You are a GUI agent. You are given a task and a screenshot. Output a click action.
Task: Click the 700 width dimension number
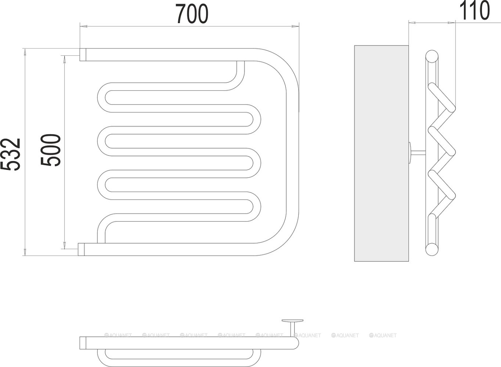pyautogui.click(x=192, y=14)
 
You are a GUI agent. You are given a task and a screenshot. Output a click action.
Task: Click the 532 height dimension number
pyautogui.click(x=10, y=154)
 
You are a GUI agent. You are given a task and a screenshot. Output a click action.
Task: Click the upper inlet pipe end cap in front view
pyautogui.click(x=83, y=54)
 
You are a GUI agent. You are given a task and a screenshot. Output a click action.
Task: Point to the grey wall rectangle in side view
pyautogui.click(x=381, y=153)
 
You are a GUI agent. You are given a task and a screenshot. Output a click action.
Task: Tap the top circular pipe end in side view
pyautogui.click(x=432, y=57)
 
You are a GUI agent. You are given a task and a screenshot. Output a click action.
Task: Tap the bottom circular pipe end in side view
pyautogui.click(x=432, y=250)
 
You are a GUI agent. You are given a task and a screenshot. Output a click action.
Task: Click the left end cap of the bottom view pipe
pyautogui.click(x=83, y=343)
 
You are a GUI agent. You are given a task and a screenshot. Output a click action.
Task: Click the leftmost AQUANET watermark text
pyautogui.click(x=118, y=335)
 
